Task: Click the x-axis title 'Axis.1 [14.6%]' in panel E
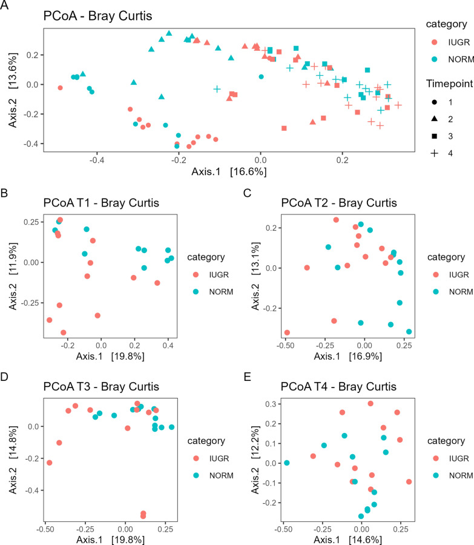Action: [349, 538]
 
